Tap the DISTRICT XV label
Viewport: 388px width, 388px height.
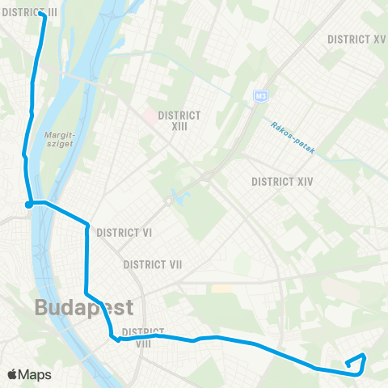point(356,39)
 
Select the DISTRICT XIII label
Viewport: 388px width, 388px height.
point(179,120)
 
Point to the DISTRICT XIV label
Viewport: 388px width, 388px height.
point(282,181)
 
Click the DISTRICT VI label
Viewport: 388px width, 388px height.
point(124,232)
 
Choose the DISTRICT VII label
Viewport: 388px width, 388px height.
point(153,264)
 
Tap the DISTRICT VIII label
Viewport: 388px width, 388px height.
point(143,337)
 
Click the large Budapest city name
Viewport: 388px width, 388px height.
point(83,308)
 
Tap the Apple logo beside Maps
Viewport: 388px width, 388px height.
point(13,374)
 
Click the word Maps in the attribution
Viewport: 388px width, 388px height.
point(35,374)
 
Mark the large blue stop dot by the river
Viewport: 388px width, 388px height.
point(28,204)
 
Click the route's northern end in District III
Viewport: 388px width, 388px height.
point(41,13)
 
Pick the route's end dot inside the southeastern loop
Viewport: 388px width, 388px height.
point(348,364)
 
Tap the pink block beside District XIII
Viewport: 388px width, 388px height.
point(151,116)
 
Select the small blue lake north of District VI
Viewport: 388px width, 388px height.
point(172,197)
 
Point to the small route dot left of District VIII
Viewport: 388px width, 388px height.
point(118,340)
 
